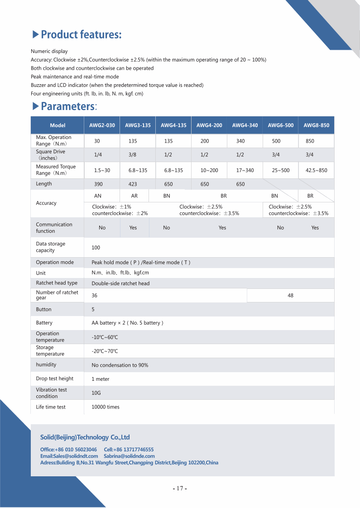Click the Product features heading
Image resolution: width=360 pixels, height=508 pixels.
pyautogui.click(x=81, y=34)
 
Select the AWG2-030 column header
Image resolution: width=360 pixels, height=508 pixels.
pyautogui.click(x=102, y=125)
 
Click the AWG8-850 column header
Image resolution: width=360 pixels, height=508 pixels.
pyautogui.click(x=316, y=125)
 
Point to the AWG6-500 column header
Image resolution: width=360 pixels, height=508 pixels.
pyautogui.click(x=280, y=125)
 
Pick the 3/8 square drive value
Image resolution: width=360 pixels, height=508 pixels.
pyautogui.click(x=132, y=155)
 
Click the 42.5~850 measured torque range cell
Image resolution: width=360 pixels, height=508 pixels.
pyautogui.click(x=316, y=170)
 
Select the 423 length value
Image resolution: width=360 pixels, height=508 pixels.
pyautogui.click(x=132, y=184)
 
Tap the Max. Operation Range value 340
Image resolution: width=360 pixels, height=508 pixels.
pyautogui.click(x=240, y=141)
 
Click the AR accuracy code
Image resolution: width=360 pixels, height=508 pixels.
pyautogui.click(x=134, y=196)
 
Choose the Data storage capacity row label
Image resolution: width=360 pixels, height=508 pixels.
pyautogui.click(x=51, y=247)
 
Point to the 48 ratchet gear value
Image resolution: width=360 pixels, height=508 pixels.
pyautogui.click(x=290, y=296)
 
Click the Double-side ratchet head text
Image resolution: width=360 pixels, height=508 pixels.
pyautogui.click(x=120, y=283)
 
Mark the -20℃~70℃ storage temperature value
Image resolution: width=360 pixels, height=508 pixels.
pyautogui.click(x=105, y=351)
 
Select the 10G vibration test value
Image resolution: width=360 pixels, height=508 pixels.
pyautogui.click(x=96, y=393)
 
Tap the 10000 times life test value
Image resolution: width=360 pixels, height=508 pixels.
pyautogui.click(x=106, y=407)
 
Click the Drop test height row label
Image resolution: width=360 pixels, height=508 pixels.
pyautogui.click(x=54, y=379)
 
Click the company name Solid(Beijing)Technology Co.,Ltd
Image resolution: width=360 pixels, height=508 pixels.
pyautogui.click(x=85, y=437)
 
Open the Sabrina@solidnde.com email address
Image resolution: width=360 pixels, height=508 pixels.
pyautogui.click(x=129, y=456)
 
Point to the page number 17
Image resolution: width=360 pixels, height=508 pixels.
pyautogui.click(x=180, y=489)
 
